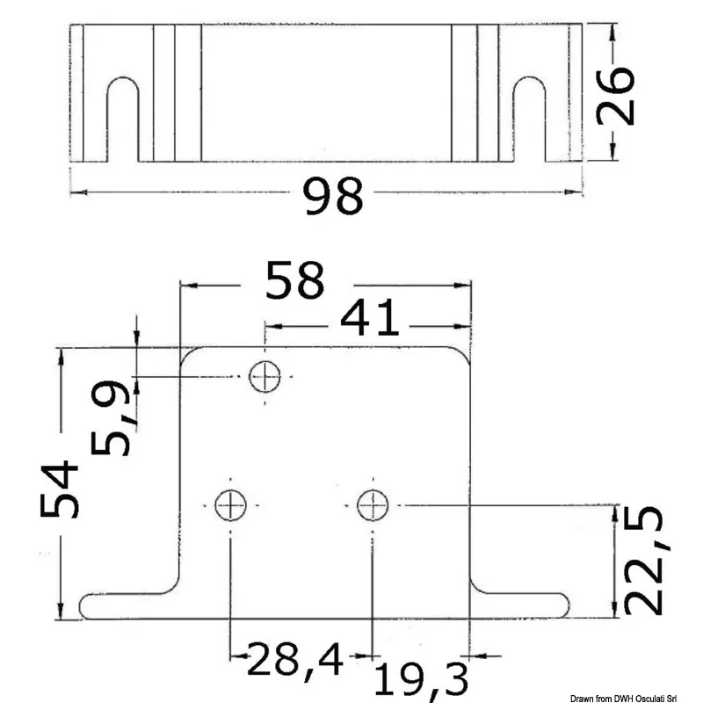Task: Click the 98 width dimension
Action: point(333,197)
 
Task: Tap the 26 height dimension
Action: point(614,94)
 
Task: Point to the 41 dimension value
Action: point(370,323)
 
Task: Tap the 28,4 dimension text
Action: point(294,659)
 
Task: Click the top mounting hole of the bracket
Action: point(265,378)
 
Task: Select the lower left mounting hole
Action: point(230,505)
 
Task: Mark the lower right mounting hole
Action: point(373,505)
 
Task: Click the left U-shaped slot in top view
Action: point(123,119)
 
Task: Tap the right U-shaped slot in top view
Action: point(530,119)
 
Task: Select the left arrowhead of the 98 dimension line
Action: point(75,190)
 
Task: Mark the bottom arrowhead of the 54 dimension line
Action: point(60,614)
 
